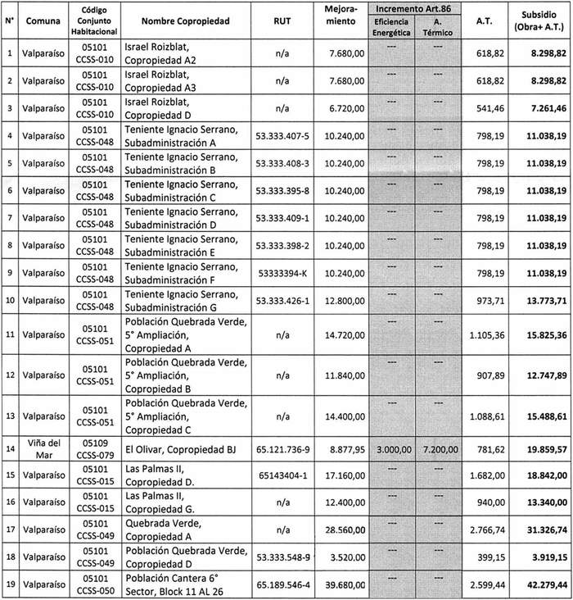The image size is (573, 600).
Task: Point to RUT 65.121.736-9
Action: [x=281, y=449]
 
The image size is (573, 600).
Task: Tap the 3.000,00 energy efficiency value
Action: [x=391, y=449]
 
